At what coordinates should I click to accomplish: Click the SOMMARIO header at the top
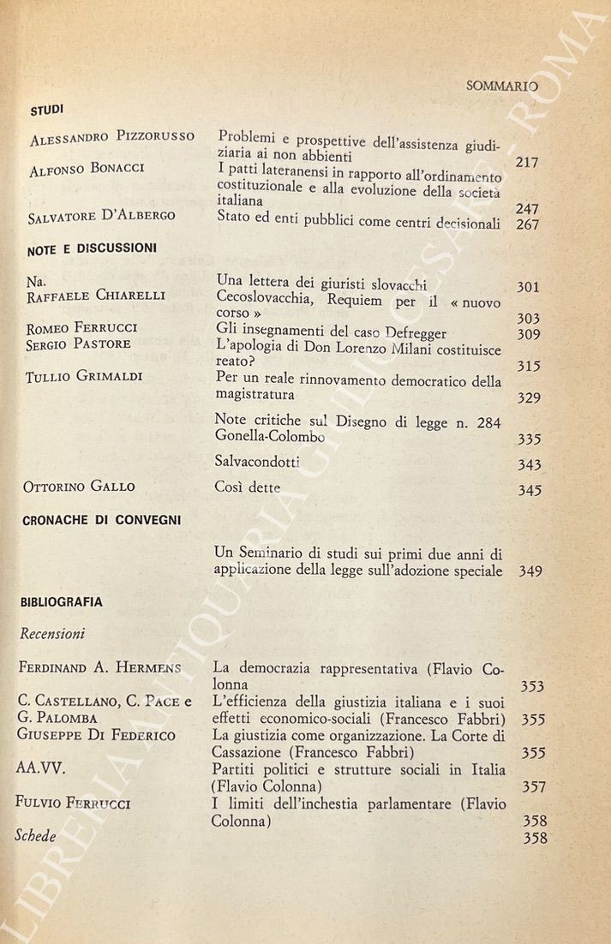coord(501,86)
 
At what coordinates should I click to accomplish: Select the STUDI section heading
coord(47,110)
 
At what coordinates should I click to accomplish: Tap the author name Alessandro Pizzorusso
coord(111,138)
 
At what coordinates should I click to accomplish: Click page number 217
coord(527,162)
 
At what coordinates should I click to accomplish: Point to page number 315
coord(529,366)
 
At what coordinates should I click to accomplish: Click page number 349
coord(530,571)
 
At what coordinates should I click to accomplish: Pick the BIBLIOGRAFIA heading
coord(62,602)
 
